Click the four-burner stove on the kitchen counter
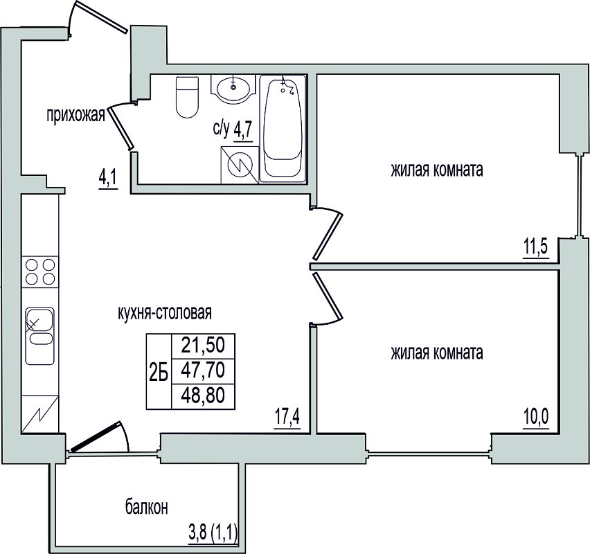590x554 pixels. pos(40,271)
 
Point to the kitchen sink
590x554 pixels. pos(39,336)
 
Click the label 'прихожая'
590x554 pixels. pos(75,115)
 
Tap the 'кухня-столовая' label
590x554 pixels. pos(165,313)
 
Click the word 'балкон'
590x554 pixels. pos(146,508)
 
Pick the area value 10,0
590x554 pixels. pos(536,417)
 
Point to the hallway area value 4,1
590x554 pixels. pos(108,181)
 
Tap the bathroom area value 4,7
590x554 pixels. pos(242,132)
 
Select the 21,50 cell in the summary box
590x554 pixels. pos(203,346)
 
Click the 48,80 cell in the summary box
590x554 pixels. pos(203,396)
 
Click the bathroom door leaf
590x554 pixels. pos(120,128)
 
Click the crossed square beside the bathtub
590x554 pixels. pos(240,165)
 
